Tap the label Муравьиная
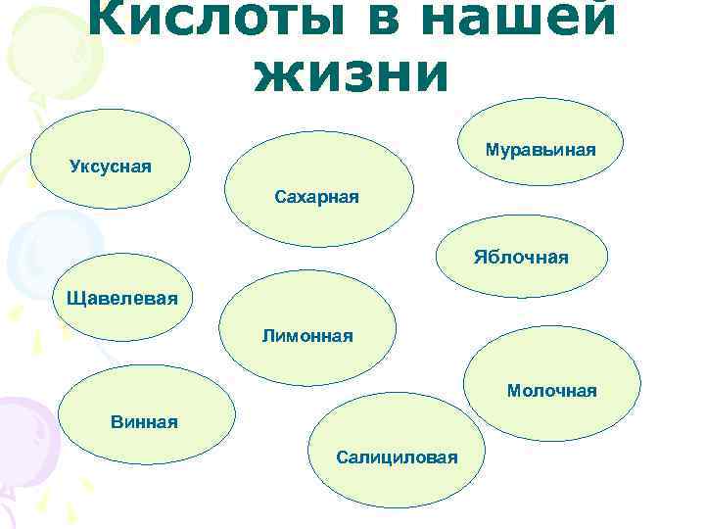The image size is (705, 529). click(540, 151)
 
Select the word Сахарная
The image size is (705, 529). click(316, 197)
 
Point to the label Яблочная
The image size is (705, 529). click(521, 257)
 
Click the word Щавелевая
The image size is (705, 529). click(122, 297)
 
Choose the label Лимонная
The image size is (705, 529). click(306, 336)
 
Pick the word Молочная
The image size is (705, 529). click(551, 391)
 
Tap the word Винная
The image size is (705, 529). click(144, 422)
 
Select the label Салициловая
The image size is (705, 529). click(396, 457)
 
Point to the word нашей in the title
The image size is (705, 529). click(518, 17)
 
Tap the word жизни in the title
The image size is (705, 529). click(352, 72)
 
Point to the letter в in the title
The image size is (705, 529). click(386, 17)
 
